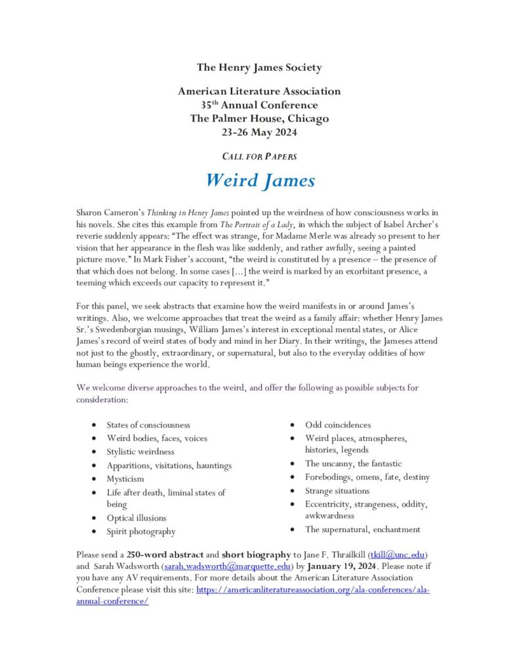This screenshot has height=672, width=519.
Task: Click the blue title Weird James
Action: tap(259, 180)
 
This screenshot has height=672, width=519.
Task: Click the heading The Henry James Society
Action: tap(259, 67)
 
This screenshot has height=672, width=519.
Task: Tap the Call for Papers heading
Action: tap(259, 157)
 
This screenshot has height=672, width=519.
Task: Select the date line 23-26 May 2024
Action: tap(259, 133)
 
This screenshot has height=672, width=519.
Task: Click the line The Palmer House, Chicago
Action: tap(259, 119)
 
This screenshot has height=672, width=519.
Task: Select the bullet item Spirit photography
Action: tap(141, 532)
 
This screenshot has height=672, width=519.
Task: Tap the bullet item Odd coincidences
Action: tap(337, 425)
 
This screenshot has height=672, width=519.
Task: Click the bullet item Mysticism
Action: tap(125, 479)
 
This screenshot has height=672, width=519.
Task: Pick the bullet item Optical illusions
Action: tap(136, 518)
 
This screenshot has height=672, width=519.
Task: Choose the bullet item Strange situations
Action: tap(337, 490)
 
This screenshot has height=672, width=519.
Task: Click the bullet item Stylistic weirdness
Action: tap(140, 451)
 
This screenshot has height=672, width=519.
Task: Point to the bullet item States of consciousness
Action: tap(148, 425)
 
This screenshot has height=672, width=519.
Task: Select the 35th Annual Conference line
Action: tap(259, 105)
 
